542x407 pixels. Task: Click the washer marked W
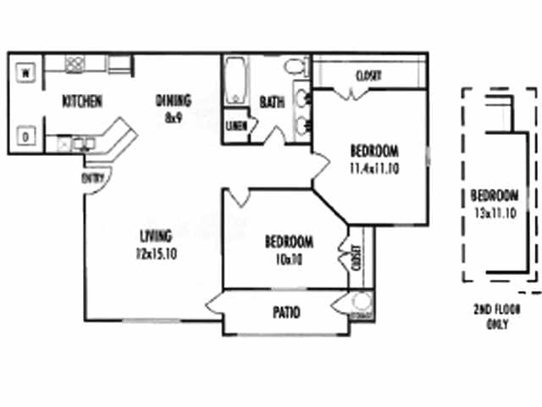pos(25,72)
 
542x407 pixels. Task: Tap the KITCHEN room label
pos(82,102)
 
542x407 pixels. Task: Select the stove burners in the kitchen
pos(75,63)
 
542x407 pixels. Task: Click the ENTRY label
pos(91,178)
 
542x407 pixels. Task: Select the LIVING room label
pos(157,235)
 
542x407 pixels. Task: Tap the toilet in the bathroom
pos(293,66)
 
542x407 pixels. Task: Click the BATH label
pos(272,102)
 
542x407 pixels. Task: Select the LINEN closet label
pos(235,126)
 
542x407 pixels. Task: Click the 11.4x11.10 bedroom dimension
pos(374,168)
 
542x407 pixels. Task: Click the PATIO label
pos(285,313)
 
